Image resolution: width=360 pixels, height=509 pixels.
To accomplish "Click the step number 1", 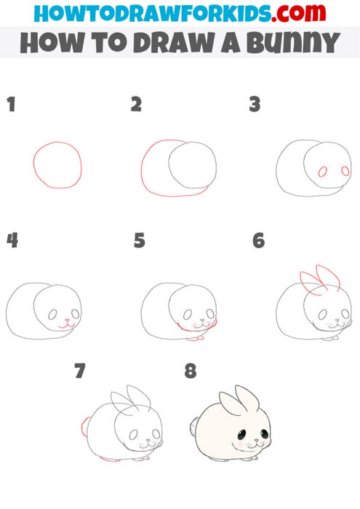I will click(11, 105).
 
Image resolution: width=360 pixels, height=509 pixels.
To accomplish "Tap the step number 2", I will click(136, 105).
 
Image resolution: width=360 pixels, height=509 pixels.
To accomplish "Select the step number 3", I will click(255, 105).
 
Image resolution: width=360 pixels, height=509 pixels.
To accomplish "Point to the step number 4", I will click(12, 240).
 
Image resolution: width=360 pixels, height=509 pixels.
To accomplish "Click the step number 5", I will click(140, 240).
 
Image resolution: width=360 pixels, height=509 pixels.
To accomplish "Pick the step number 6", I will click(258, 240).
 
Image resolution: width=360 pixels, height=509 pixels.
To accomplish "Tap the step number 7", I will click(79, 372).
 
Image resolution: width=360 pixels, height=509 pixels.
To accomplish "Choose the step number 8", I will click(191, 372).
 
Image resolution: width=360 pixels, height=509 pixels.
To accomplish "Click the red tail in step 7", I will click(86, 425).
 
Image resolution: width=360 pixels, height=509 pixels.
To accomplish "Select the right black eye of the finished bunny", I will click(263, 434).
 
